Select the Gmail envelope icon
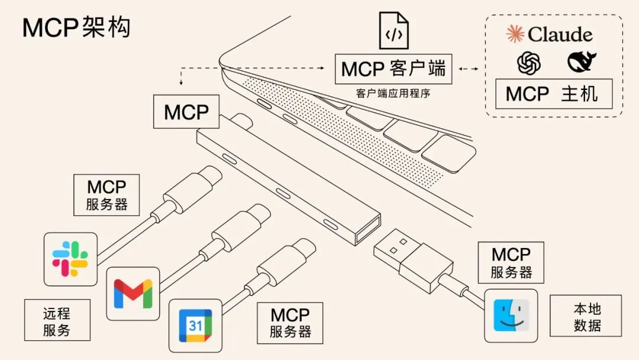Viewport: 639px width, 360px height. (133, 293)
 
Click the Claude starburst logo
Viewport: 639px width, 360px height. (515, 34)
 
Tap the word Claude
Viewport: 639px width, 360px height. (560, 34)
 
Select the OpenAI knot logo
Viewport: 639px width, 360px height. (529, 62)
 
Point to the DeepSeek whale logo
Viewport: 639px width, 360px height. (582, 62)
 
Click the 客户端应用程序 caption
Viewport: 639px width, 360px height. (393, 93)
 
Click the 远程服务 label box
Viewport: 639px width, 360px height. (57, 320)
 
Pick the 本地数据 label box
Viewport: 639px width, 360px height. (586, 318)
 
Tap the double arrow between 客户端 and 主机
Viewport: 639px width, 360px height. (469, 69)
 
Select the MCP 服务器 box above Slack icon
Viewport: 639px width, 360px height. (106, 195)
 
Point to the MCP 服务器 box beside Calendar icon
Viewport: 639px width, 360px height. (291, 323)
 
